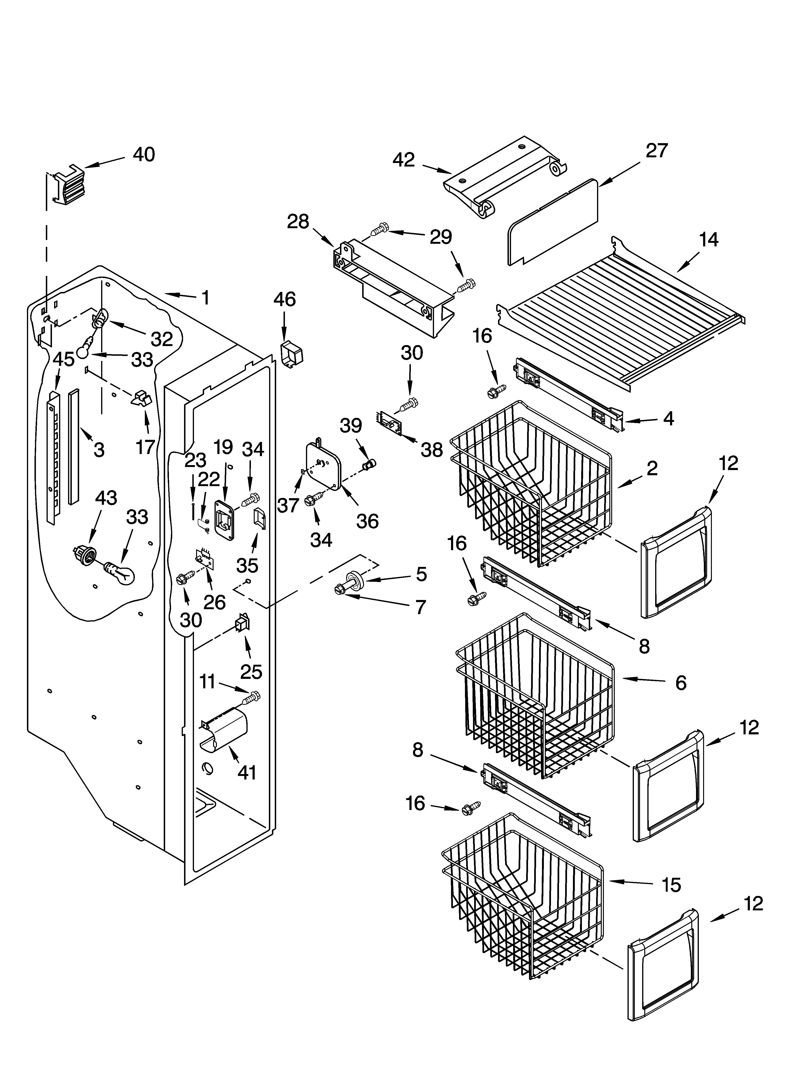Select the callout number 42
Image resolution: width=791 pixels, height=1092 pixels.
click(404, 160)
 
